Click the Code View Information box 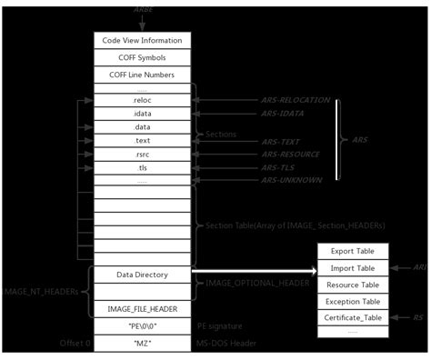click(143, 41)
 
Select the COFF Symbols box click(143, 57)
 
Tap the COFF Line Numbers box click(143, 75)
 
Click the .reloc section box click(143, 100)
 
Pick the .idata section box click(143, 114)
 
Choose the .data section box click(143, 127)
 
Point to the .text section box click(143, 141)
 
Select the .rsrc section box click(143, 155)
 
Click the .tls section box click(143, 168)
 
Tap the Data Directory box click(143, 274)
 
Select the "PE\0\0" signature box click(143, 326)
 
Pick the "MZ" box click(143, 343)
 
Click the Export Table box click(352, 252)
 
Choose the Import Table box click(352, 268)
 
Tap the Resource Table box click(352, 285)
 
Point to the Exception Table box click(352, 301)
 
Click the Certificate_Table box click(352, 317)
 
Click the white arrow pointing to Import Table click(255, 270)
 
